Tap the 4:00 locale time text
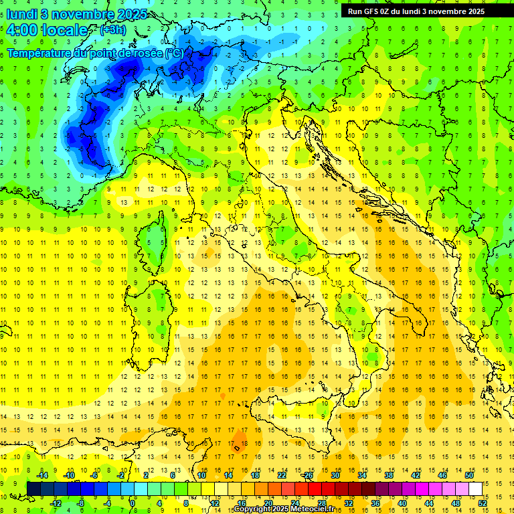47,30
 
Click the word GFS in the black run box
372,11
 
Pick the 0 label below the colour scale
133,503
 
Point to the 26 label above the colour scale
308,475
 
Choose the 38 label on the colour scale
388,475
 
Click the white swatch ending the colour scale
476,489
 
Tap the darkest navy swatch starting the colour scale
33,489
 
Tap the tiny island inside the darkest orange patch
236,448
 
